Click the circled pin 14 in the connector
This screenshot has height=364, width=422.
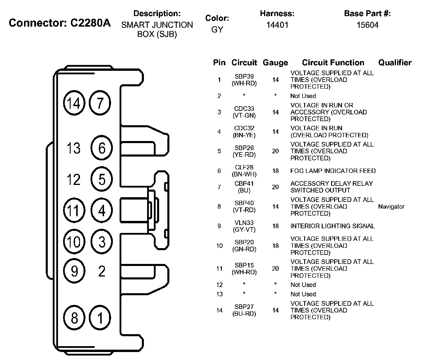pyautogui.click(x=74, y=103)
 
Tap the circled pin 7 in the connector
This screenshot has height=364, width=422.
pyautogui.click(x=100, y=103)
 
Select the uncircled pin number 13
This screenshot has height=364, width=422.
pyautogui.click(x=73, y=148)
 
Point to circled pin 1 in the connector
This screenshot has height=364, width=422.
pyautogui.click(x=100, y=318)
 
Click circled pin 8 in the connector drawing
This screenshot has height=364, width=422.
pyautogui.click(x=74, y=318)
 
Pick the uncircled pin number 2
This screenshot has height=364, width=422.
pyautogui.click(x=102, y=272)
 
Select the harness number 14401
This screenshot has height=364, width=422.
pyautogui.click(x=277, y=25)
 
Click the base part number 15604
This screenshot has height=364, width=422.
pyautogui.click(x=367, y=25)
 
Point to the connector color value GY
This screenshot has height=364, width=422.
pyautogui.click(x=217, y=30)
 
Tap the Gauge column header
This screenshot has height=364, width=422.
pyautogui.click(x=275, y=63)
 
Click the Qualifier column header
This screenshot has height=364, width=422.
pyautogui.click(x=395, y=63)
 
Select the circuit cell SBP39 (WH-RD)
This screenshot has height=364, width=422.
pyautogui.click(x=244, y=80)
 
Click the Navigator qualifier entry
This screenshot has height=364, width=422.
pyautogui.click(x=391, y=207)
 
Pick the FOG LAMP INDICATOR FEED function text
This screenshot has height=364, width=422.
pyautogui.click(x=333, y=171)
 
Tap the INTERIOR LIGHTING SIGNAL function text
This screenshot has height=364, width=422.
pyautogui.click(x=332, y=226)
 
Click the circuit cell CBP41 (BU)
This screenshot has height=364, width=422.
pyautogui.click(x=244, y=187)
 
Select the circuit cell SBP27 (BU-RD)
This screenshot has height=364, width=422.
pyautogui.click(x=244, y=310)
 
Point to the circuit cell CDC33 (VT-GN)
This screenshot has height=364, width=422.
pyautogui.click(x=244, y=112)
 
